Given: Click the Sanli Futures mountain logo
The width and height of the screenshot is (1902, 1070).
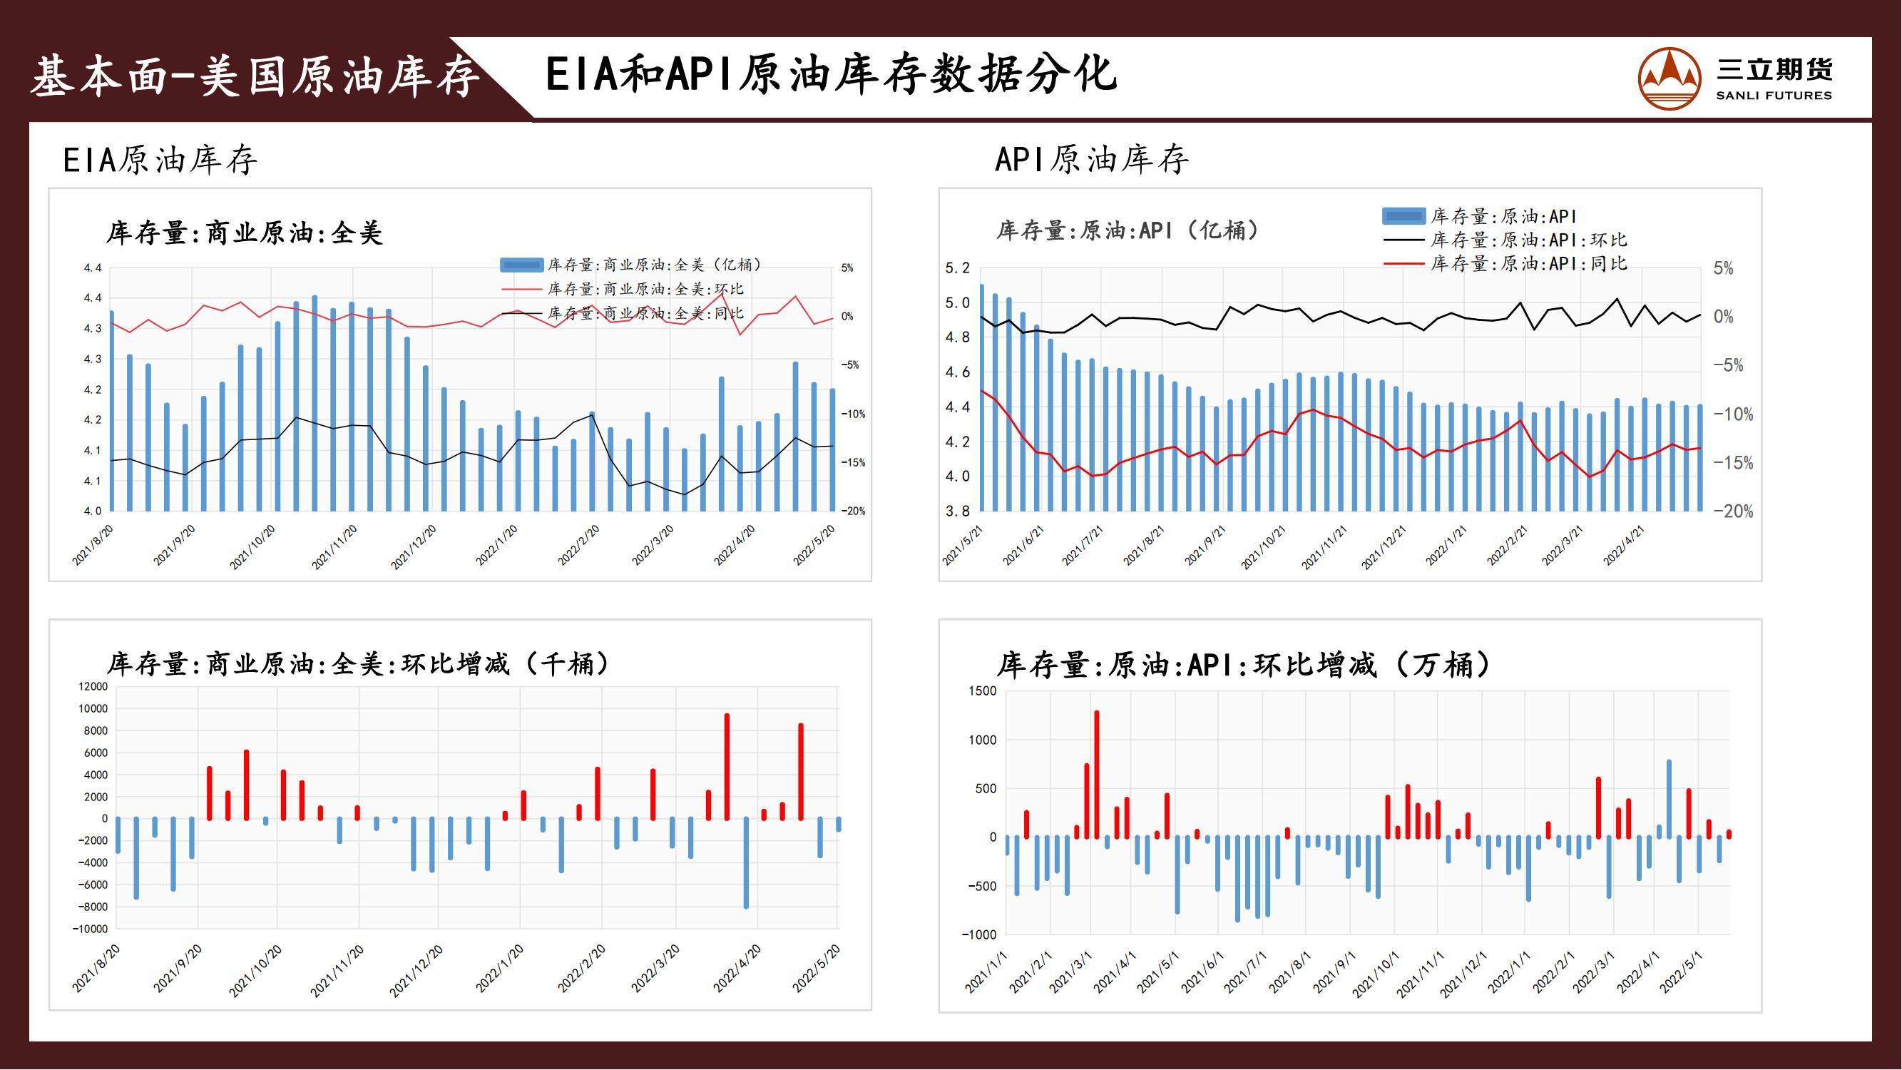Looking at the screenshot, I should [x=1670, y=78].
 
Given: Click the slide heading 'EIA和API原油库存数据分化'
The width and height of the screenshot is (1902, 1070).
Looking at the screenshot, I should [x=831, y=76].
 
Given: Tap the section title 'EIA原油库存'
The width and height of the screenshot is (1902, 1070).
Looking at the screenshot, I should [x=160, y=160].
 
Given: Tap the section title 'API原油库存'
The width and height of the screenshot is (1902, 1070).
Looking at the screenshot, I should [x=1091, y=160].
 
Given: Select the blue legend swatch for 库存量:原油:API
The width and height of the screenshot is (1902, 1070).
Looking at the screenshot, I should [x=1403, y=216].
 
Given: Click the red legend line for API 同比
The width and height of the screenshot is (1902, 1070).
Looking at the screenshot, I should [x=1403, y=264].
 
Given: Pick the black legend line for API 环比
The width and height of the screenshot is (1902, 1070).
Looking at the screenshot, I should [x=1403, y=240].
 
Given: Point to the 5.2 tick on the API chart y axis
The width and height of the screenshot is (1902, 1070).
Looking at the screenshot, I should [x=958, y=268].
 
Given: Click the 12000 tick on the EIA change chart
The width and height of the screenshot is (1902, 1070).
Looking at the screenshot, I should [x=93, y=687].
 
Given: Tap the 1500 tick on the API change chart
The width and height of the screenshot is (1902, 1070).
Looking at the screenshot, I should [x=982, y=691].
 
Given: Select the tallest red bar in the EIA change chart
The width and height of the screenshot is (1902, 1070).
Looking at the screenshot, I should [x=727, y=767].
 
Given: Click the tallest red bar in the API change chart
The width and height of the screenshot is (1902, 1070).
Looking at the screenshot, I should [x=1096, y=774].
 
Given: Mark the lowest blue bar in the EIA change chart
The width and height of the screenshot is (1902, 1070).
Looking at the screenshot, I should [x=746, y=862].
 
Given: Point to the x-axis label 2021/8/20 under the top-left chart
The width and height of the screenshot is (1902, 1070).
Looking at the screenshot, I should [x=93, y=546].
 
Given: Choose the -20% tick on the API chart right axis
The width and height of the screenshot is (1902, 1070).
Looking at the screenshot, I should [x=1732, y=511].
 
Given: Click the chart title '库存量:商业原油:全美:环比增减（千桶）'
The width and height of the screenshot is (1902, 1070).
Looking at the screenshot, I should [x=358, y=664].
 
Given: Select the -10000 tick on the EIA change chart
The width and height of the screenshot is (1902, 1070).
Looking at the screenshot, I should [x=90, y=929].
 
